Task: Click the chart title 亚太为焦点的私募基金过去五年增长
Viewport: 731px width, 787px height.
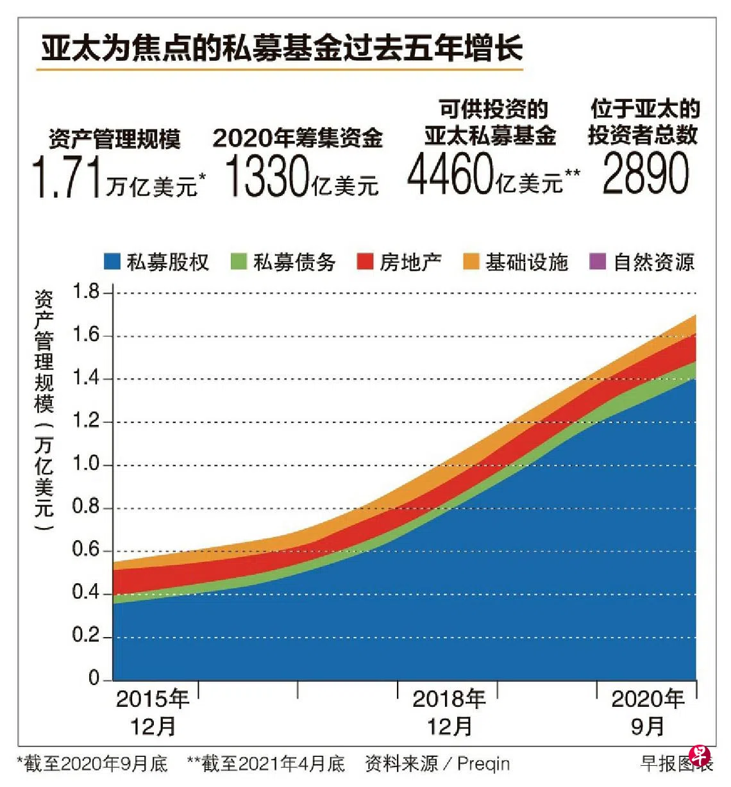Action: [282, 48]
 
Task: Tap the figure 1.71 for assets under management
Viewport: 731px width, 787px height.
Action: [67, 178]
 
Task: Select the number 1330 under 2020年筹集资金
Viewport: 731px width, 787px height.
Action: [267, 176]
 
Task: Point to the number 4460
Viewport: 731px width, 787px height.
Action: [451, 175]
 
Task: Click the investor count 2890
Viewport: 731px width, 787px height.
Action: [645, 174]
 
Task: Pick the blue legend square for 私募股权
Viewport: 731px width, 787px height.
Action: [112, 261]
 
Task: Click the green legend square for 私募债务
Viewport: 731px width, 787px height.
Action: [239, 261]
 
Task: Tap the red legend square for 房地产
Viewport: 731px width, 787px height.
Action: [365, 261]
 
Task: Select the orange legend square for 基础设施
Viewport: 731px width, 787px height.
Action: [471, 261]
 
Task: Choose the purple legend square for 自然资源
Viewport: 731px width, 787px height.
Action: [598, 261]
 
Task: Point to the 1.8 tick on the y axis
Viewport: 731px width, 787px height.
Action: [85, 292]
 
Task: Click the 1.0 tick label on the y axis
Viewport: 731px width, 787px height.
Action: [85, 464]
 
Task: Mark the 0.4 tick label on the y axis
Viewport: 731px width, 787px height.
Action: [85, 593]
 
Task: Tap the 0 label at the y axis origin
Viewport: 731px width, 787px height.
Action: [94, 677]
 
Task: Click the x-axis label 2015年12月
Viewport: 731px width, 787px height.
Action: [153, 712]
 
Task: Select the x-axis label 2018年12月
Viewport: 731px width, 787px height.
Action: [450, 712]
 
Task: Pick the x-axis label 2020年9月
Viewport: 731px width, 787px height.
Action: [648, 712]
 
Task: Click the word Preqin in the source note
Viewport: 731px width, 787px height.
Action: [483, 764]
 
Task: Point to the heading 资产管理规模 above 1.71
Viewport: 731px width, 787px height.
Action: [115, 138]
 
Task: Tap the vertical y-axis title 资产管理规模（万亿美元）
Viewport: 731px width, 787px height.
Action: [44, 410]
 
